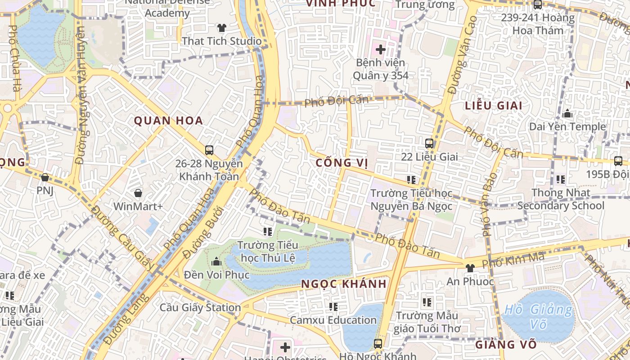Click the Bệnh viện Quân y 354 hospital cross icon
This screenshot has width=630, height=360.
point(381,49)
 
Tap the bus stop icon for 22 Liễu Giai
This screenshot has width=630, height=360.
point(429,144)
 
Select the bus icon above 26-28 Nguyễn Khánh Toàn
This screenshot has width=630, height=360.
point(209,150)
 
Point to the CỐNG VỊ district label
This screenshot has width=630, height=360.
point(342,163)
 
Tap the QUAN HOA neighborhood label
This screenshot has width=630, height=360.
point(169,121)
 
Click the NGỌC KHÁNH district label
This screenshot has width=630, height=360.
point(344,284)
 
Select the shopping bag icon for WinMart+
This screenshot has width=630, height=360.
point(138,193)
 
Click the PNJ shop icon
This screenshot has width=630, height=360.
point(45,177)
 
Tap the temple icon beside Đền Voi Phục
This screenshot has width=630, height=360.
point(216,261)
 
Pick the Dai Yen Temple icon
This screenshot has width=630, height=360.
point(567,113)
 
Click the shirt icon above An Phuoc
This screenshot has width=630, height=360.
point(470,268)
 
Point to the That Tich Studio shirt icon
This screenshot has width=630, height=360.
point(221,28)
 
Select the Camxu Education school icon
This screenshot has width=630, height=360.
point(333,307)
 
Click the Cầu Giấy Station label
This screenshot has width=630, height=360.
point(200,308)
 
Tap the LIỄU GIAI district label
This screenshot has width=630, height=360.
point(494,106)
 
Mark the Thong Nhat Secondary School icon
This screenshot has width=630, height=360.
point(560,180)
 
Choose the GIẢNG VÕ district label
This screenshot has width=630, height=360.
point(506,345)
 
